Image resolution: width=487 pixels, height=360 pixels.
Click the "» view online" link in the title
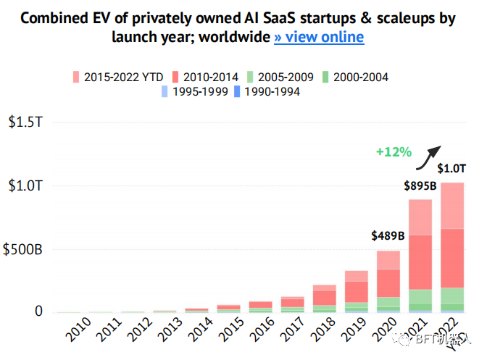click(x=319, y=36)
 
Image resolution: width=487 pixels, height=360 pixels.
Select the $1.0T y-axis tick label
click(x=25, y=186)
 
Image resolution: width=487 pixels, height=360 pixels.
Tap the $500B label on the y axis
click(x=23, y=250)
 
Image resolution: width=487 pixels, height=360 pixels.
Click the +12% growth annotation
click(x=394, y=152)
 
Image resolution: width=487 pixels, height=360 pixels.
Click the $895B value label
click(x=420, y=186)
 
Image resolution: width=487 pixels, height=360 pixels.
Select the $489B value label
click(x=388, y=236)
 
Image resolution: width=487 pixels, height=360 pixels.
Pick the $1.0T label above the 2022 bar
click(x=451, y=169)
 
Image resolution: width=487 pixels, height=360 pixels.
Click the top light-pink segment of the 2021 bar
click(x=420, y=217)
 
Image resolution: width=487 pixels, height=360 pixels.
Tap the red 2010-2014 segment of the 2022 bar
click(x=451, y=258)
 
